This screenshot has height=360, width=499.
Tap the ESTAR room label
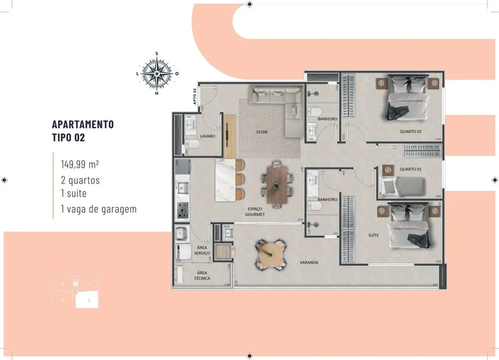[262, 132]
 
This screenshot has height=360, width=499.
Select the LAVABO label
[206, 135]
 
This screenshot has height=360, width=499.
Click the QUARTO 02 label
[411, 131]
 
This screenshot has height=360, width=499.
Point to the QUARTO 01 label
[410, 169]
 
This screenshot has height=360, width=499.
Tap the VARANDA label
[309, 263]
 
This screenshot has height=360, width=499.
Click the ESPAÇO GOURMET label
[256, 212]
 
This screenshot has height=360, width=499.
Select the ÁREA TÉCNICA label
[203, 275]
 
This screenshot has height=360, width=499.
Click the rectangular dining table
[276, 183]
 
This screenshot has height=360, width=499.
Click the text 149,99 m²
[80, 163]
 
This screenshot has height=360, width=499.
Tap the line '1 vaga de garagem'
[98, 209]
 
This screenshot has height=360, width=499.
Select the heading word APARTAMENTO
[83, 124]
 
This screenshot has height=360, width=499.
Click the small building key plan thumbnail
[75, 292]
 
